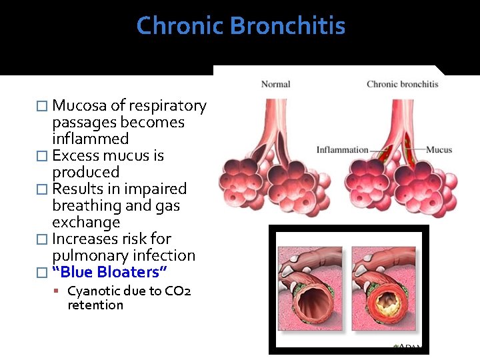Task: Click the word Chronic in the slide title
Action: point(180,27)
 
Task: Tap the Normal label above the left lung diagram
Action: point(275,84)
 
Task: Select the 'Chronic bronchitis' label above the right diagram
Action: point(402,84)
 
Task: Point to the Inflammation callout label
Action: point(342,150)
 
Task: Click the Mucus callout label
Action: point(439,150)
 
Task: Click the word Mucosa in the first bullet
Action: point(79,106)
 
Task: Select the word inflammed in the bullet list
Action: point(90,139)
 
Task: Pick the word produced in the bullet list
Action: point(85,173)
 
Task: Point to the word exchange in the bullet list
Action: point(86,223)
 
